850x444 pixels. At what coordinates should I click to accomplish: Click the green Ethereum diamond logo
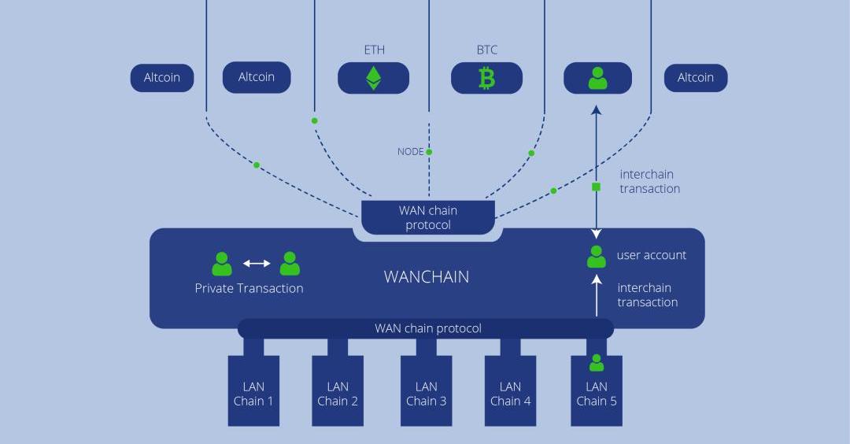click(373, 78)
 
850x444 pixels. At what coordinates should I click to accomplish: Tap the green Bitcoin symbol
click(486, 78)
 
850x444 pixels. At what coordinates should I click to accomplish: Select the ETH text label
click(374, 50)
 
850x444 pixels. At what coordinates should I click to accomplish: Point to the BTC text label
click(486, 50)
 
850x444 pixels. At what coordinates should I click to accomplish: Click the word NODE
click(410, 152)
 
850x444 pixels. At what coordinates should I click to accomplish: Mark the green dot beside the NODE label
click(429, 152)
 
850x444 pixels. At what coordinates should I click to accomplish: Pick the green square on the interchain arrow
click(596, 187)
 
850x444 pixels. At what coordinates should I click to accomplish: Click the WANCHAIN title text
click(426, 277)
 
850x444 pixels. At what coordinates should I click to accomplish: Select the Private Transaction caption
click(249, 288)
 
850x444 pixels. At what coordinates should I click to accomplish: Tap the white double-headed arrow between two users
click(256, 263)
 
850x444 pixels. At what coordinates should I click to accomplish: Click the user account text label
click(651, 255)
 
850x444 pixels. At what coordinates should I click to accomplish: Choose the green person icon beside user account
click(597, 257)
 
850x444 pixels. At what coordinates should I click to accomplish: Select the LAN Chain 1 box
click(253, 391)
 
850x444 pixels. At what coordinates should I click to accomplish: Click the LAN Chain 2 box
click(338, 391)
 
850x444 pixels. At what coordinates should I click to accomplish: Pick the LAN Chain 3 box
click(426, 391)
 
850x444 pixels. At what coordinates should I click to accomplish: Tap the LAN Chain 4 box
click(510, 391)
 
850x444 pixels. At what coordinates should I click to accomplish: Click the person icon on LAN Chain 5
click(597, 363)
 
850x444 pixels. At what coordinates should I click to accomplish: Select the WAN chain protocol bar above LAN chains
click(427, 328)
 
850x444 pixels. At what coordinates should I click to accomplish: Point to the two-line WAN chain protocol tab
click(428, 218)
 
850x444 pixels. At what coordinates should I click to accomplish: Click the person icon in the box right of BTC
click(597, 78)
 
